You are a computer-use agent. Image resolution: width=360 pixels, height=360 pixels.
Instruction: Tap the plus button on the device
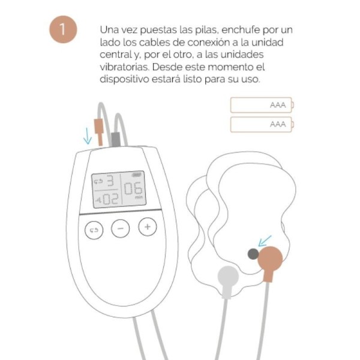[x=147, y=227]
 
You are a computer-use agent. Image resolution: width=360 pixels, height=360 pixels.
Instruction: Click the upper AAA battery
[x=262, y=105]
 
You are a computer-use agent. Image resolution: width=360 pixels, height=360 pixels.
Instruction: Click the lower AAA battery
[x=262, y=124]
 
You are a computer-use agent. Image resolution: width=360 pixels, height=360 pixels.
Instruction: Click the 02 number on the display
[x=109, y=197]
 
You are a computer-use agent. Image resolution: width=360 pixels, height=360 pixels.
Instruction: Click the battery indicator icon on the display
[x=137, y=174]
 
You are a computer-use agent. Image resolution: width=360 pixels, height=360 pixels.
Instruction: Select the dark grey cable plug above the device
[x=114, y=139]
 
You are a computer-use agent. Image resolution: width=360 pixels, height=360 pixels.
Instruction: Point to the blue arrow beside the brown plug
[x=88, y=136]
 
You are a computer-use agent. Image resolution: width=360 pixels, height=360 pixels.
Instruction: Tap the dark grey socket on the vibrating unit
[x=253, y=254]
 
